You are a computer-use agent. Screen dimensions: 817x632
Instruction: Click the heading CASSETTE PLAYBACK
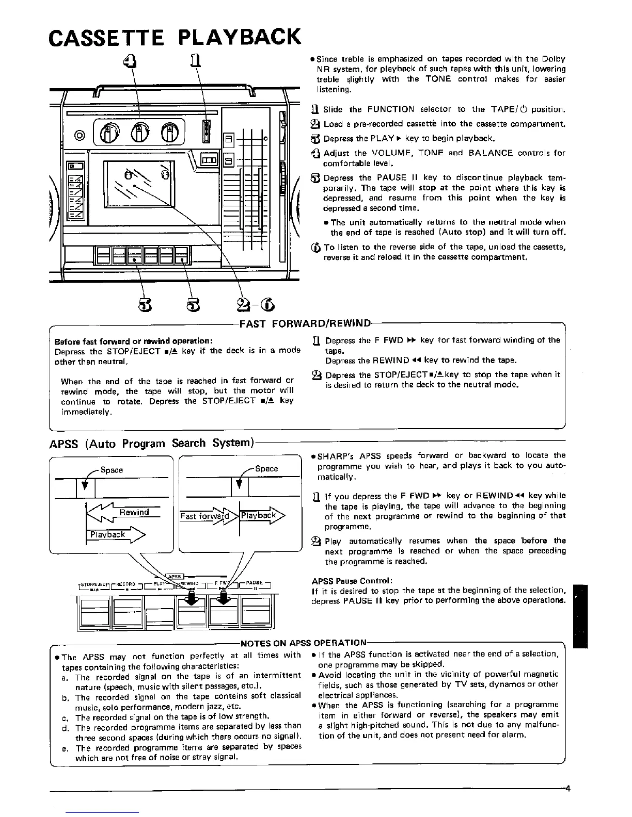[173, 37]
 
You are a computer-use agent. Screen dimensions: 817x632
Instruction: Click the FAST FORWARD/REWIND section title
[305, 324]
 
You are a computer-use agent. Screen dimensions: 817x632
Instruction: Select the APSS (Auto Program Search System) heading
[150, 443]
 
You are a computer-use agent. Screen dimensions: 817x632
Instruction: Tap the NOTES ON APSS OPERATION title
[304, 643]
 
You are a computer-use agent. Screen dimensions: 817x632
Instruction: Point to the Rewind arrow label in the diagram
[134, 512]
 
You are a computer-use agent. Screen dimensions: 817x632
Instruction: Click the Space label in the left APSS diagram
[112, 470]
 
